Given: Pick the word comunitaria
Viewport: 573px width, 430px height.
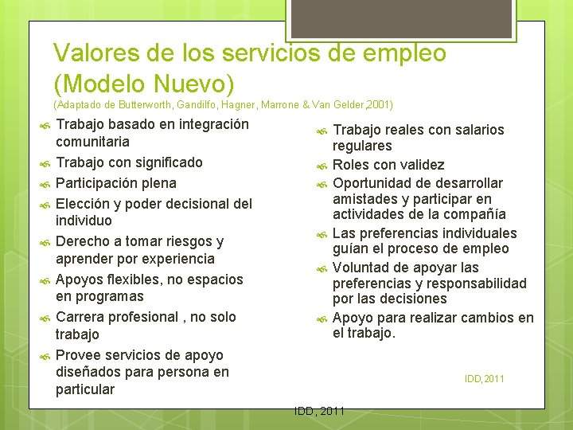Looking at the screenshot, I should coord(92,142).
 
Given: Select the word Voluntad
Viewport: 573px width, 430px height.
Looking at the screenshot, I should coord(362,267).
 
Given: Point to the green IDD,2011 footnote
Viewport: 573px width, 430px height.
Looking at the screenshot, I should coord(484,379).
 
